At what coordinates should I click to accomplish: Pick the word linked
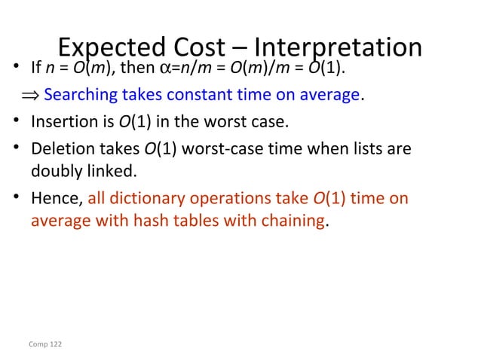pos(114,171)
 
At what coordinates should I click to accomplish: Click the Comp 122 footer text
pos(45,344)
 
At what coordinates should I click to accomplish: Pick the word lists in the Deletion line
pos(366,148)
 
